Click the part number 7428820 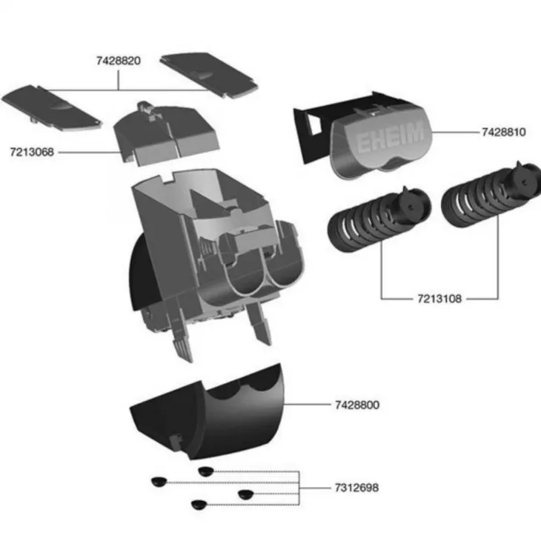click(x=119, y=61)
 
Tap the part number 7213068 click(x=32, y=152)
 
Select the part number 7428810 click(x=504, y=132)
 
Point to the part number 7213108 click(x=439, y=299)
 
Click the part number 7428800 click(x=357, y=405)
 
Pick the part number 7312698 click(x=356, y=488)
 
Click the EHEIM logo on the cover click(x=389, y=136)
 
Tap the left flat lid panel click(x=52, y=108)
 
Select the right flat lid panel click(x=209, y=76)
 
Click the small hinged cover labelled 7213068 click(x=167, y=135)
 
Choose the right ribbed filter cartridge click(x=491, y=195)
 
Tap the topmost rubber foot click(x=206, y=471)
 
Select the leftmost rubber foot click(x=159, y=482)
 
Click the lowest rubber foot click(x=199, y=505)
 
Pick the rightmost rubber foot click(x=246, y=494)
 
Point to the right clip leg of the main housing click(x=259, y=323)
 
